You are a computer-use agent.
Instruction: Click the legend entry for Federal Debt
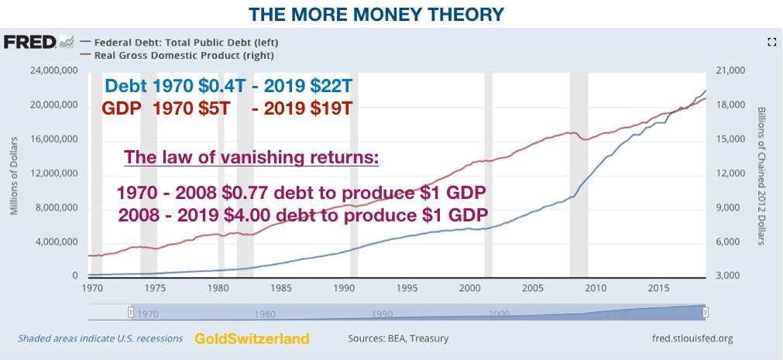[184, 42]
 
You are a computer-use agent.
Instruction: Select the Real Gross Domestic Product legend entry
[184, 55]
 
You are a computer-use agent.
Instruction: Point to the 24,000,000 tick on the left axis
[52, 71]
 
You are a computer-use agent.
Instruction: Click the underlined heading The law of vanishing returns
[252, 159]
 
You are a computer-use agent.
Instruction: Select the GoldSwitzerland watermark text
[252, 339]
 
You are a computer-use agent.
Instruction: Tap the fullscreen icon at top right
[771, 43]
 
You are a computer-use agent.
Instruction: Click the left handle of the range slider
[131, 311]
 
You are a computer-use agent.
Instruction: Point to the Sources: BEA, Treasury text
[398, 339]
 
